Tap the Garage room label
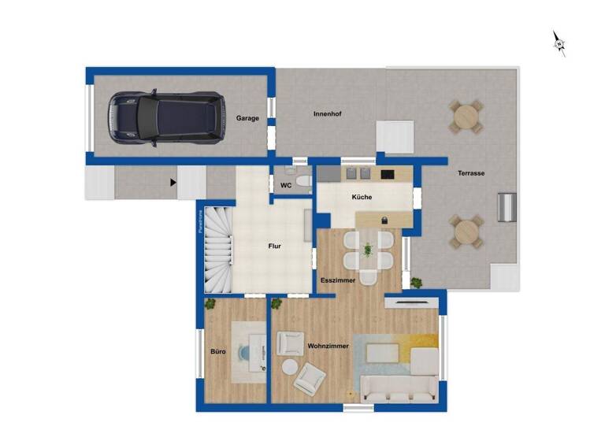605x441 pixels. [247, 118]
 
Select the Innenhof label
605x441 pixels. [327, 114]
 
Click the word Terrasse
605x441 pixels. [471, 172]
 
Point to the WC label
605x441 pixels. [286, 186]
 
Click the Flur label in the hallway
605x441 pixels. [274, 246]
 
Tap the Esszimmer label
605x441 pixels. [337, 280]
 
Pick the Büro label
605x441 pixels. [218, 351]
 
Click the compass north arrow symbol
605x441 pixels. [559, 43]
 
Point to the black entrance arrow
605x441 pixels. [172, 183]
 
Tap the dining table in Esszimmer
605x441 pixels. [368, 251]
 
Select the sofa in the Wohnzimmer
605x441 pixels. [399, 385]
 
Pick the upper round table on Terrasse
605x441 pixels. [466, 117]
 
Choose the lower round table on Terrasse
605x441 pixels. [466, 232]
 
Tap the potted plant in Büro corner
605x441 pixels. [210, 304]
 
